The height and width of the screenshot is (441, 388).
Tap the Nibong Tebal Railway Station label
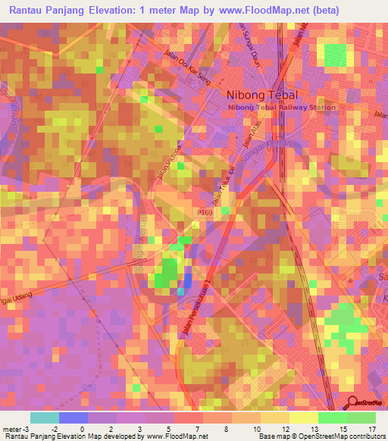[280, 108]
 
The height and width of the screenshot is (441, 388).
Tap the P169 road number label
[207, 214]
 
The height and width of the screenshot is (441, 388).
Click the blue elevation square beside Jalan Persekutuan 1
[186, 282]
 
